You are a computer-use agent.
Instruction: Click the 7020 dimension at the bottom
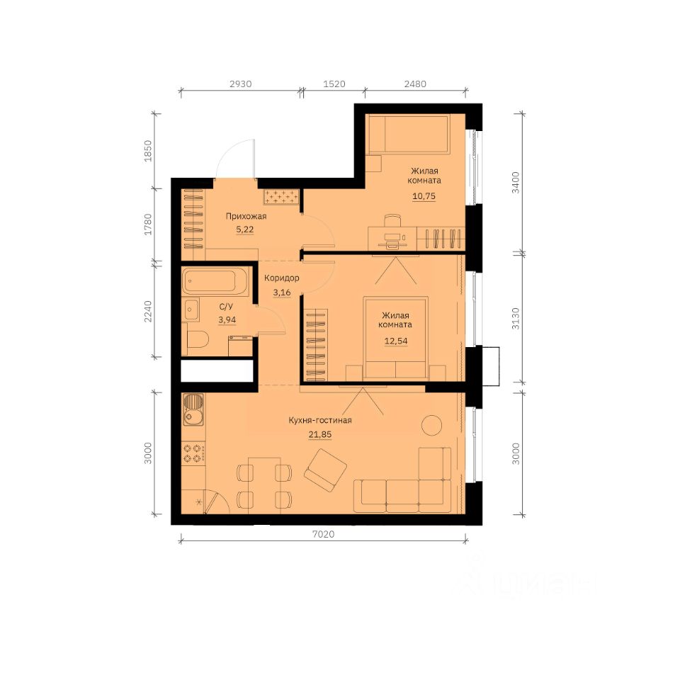click(324, 534)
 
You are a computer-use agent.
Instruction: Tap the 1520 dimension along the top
click(334, 84)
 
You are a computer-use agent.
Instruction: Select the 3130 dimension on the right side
click(515, 319)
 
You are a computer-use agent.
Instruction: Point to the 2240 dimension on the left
click(148, 312)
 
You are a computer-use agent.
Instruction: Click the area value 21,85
click(320, 434)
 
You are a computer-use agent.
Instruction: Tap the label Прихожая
click(246, 216)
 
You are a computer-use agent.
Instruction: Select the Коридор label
click(281, 278)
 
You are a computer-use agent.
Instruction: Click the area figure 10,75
click(424, 196)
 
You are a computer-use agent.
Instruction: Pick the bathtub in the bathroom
click(215, 281)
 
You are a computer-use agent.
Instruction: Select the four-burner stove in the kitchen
click(193, 453)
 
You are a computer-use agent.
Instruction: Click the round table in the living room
click(432, 425)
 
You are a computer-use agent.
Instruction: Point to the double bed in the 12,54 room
click(395, 337)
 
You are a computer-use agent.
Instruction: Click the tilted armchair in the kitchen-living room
click(325, 470)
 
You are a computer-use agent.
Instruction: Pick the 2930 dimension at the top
click(241, 84)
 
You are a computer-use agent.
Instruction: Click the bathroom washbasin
click(191, 310)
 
